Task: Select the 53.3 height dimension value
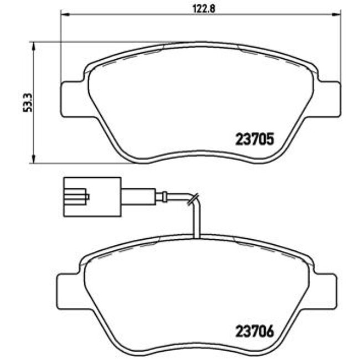[x=24, y=102]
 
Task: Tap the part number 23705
[x=255, y=140]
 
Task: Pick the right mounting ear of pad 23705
[x=328, y=99]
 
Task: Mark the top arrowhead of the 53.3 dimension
[x=34, y=45]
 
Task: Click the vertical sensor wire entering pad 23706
[x=194, y=222]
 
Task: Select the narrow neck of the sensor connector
[x=138, y=196]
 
